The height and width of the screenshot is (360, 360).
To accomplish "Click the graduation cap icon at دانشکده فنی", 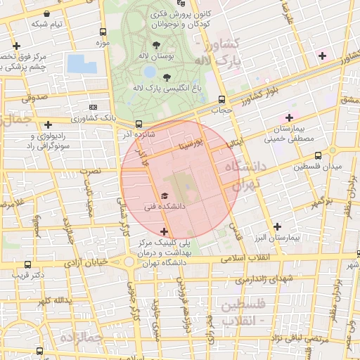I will (165, 195).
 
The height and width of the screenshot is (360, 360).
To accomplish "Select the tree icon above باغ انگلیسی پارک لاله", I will (167, 77).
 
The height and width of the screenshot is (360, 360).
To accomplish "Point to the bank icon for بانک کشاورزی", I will (94, 107).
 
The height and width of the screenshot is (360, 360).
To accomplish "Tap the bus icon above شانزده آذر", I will (139, 123).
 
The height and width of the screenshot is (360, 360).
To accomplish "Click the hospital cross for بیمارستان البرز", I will (277, 226).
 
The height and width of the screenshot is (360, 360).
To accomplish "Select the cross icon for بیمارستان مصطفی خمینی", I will (288, 117).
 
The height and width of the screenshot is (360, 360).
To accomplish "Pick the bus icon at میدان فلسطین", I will (319, 155).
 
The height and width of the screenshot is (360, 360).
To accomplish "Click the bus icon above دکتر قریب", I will (27, 264).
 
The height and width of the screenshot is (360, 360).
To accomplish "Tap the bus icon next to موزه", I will (103, 32).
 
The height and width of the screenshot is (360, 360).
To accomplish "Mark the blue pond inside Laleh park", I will (149, 72).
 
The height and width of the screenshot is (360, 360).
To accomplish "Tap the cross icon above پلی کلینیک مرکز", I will (165, 231).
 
